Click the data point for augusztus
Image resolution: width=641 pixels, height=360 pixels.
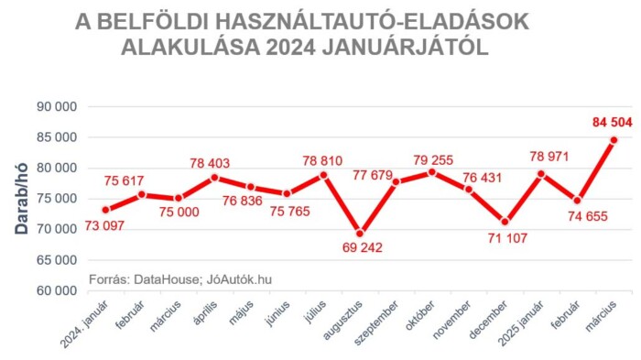(359, 234)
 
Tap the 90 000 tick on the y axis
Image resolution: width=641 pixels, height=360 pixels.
(56, 107)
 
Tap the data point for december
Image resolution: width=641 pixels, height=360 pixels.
(505, 222)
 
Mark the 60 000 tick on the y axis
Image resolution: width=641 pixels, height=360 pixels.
(56, 291)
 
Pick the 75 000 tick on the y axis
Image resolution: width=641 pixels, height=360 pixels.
(56, 199)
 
